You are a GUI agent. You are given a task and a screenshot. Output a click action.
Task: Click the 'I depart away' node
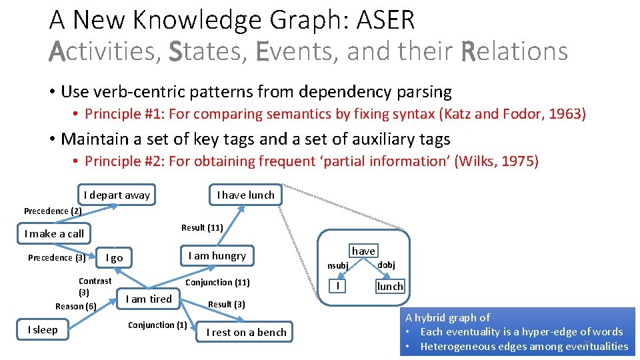pos(117,195)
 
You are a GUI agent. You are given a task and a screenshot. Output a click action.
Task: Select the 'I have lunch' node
pos(245,195)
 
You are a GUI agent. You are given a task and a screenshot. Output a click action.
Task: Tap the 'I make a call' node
pos(54,233)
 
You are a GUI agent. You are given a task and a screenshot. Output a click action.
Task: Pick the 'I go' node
pos(115,258)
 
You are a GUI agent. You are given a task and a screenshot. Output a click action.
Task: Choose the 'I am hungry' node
pos(217,256)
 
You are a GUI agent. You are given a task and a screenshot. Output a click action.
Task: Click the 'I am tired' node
pos(149,299)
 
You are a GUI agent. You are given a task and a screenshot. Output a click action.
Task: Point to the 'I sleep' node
pos(43,329)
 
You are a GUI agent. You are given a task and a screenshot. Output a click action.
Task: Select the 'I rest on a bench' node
pos(246,332)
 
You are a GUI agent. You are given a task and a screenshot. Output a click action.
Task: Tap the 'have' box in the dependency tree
pos(363,251)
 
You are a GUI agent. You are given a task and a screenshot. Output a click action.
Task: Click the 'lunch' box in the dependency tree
pos(390,286)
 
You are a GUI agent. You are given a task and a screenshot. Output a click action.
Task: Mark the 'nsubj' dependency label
pos(338,265)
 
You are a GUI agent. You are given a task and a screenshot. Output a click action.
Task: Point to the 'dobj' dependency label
pos(387,265)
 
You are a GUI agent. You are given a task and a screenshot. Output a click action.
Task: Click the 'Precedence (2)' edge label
pos(53,211)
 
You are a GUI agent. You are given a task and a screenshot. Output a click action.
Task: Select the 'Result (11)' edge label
pos(202,227)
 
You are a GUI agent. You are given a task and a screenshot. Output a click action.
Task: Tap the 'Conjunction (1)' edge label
pos(157,325)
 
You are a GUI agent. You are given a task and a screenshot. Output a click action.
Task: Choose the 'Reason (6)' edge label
pos(76,306)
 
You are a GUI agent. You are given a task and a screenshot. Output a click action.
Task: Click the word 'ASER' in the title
pos(386,20)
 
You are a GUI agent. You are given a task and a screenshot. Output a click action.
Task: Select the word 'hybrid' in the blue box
pos(440,318)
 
